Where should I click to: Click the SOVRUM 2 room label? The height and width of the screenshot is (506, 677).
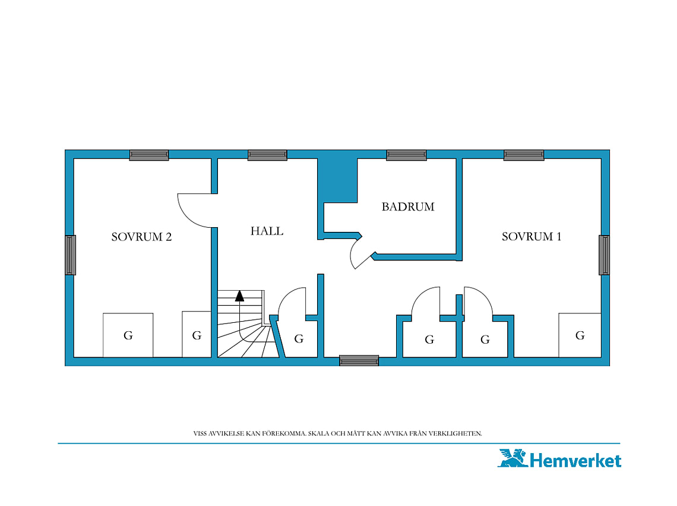(x=141, y=237)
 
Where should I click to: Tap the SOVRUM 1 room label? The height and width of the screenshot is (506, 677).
(x=532, y=237)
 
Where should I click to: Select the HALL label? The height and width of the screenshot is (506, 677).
(x=267, y=231)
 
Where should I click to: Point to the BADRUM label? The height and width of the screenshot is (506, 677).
(x=408, y=207)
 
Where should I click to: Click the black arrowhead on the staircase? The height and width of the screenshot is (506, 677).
(x=240, y=296)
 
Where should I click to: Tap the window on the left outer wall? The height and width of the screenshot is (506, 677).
(x=71, y=255)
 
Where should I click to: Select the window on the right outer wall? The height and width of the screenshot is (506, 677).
(x=604, y=255)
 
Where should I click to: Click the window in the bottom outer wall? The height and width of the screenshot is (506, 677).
(x=359, y=360)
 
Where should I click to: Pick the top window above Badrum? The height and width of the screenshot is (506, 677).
(x=406, y=155)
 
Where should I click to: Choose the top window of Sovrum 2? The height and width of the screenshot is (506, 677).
(x=149, y=155)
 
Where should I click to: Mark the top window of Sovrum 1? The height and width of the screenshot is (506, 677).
(x=524, y=155)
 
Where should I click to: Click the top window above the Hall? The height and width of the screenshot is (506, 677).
(x=267, y=155)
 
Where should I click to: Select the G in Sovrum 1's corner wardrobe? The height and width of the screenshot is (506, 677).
(x=580, y=335)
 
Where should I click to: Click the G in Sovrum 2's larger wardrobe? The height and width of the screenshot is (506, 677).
(x=128, y=335)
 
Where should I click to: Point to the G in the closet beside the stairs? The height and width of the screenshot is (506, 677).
(x=299, y=339)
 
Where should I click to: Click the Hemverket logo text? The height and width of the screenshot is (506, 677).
(x=575, y=461)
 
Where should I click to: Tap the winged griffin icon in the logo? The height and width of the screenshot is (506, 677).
(x=513, y=458)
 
